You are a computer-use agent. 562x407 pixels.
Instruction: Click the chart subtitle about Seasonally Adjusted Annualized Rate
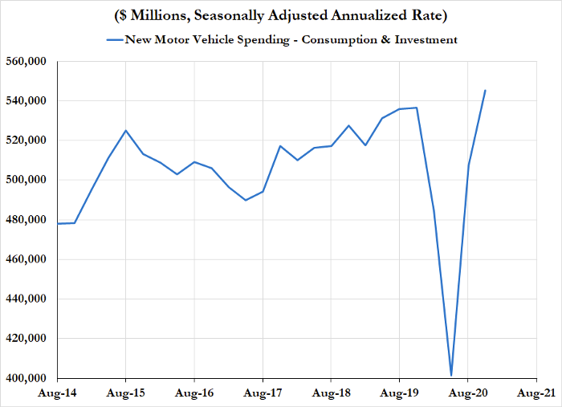click(280, 16)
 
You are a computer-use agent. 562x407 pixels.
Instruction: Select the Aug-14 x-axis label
click(57, 394)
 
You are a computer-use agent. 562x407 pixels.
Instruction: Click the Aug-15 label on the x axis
click(125, 394)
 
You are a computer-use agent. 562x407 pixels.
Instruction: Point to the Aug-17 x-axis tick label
click(263, 394)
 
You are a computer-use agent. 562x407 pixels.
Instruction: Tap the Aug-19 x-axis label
click(399, 394)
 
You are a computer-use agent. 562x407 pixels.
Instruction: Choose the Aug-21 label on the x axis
click(536, 394)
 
